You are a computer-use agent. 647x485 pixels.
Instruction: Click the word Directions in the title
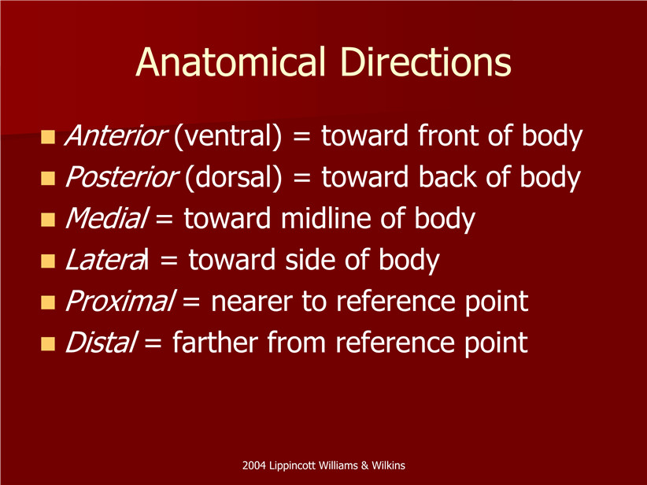pyautogui.click(x=427, y=62)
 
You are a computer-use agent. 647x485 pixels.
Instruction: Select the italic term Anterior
pyautogui.click(x=116, y=135)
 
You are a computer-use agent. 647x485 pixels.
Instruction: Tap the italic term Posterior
pyautogui.click(x=122, y=176)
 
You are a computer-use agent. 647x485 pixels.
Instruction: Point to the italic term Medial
pyautogui.click(x=106, y=218)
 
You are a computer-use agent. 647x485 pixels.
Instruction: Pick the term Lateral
pyautogui.click(x=107, y=259)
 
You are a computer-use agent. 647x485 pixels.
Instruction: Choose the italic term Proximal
pyautogui.click(x=120, y=301)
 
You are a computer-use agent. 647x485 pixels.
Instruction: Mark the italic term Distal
pyautogui.click(x=101, y=342)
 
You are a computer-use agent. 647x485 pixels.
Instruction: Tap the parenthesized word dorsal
pyautogui.click(x=234, y=176)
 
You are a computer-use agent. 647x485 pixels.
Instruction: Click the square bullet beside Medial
pyautogui.click(x=48, y=220)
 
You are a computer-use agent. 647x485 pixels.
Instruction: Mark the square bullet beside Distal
pyautogui.click(x=48, y=343)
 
